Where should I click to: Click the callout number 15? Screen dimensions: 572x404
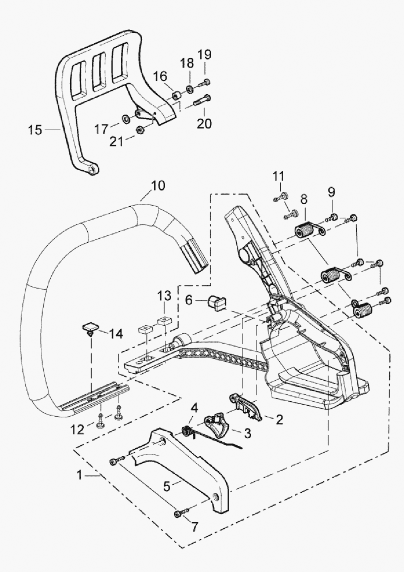[x=35, y=130]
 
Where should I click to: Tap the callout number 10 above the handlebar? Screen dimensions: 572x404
[x=158, y=186]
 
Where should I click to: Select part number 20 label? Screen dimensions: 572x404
[x=204, y=123]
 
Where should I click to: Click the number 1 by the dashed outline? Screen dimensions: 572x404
[x=80, y=475]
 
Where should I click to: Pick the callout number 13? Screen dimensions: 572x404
[x=165, y=296]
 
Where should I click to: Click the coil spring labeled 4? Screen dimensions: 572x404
[x=187, y=430]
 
